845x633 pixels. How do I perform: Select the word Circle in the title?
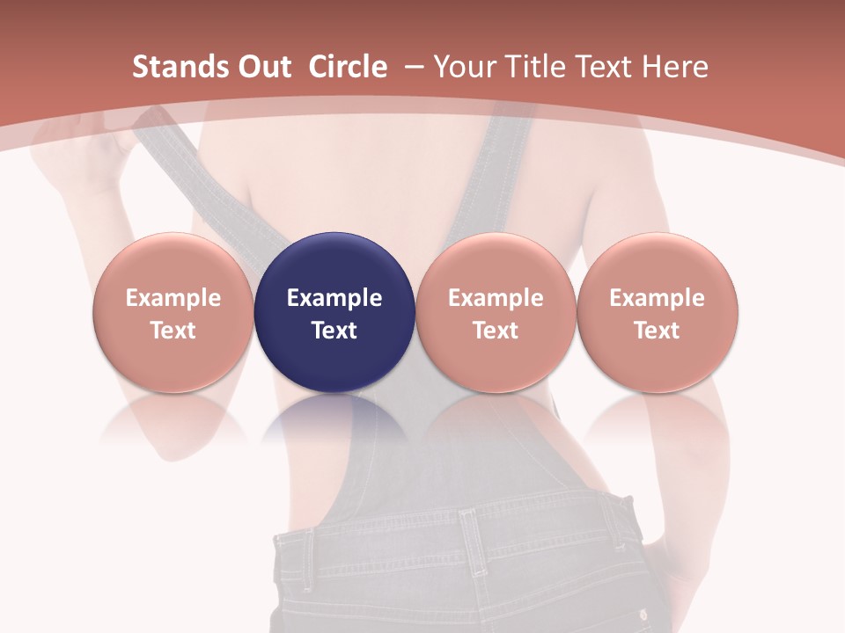348,67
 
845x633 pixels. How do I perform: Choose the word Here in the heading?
675,67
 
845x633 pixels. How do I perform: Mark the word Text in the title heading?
604,67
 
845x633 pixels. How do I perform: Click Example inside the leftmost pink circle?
173,298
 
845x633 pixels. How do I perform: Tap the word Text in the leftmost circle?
173,331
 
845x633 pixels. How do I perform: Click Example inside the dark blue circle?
334,298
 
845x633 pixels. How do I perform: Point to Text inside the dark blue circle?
334,331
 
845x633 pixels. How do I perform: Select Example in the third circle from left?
496,298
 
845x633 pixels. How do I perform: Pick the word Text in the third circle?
496,331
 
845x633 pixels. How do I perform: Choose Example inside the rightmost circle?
657,298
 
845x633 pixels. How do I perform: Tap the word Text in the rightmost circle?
657,331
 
